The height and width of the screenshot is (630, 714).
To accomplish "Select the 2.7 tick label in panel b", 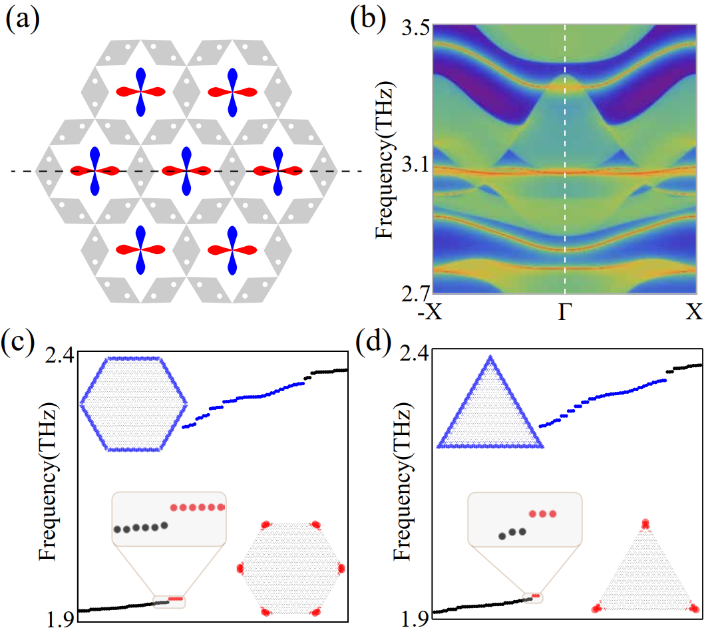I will tap(413, 291).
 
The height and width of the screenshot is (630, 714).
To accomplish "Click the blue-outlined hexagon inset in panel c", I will tap(133, 403).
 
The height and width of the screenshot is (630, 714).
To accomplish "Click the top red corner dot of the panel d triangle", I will tap(644, 524).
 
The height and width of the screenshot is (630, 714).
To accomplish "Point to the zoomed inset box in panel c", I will tap(169, 519).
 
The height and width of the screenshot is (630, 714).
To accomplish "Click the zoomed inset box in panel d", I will tap(524, 519).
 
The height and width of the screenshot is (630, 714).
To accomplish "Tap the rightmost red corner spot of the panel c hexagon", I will tap(341, 568).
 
